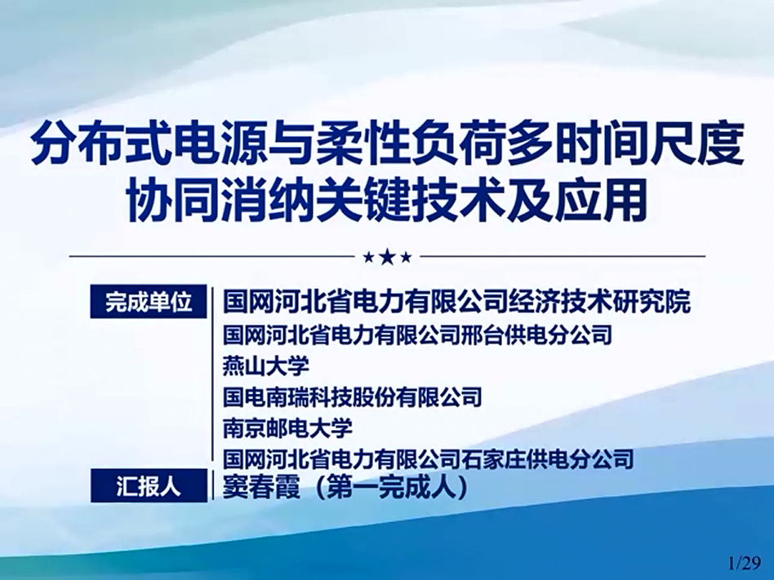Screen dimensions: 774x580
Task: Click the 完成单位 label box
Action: click(x=149, y=301)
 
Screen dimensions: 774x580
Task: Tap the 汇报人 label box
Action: click(x=149, y=486)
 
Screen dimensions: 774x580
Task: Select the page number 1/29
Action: click(x=745, y=562)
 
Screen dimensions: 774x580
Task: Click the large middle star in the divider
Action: click(x=388, y=257)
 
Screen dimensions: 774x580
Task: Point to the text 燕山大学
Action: click(x=266, y=366)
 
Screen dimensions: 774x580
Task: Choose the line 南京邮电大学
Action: click(x=287, y=427)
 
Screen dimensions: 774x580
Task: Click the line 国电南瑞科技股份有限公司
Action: click(x=352, y=396)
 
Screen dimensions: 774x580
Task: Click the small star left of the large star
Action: click(x=368, y=258)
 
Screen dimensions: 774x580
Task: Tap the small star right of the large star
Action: click(x=407, y=258)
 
